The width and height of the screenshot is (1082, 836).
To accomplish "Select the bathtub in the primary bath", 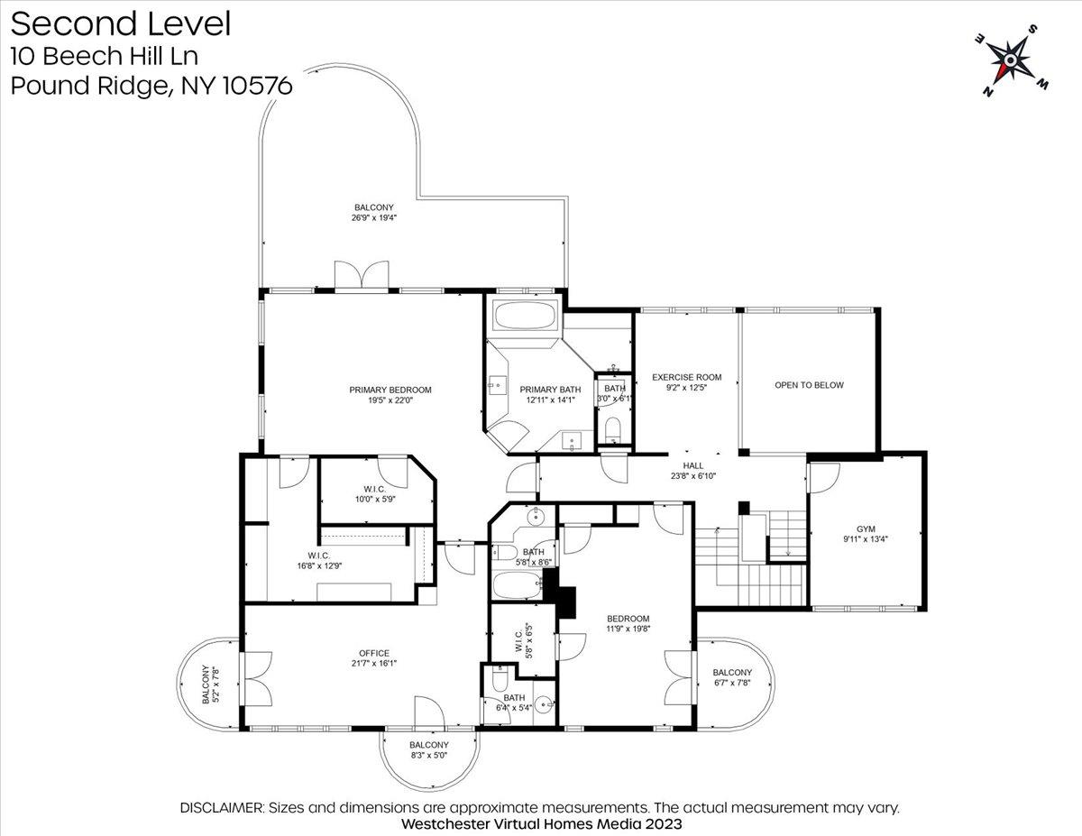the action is pos(526,314).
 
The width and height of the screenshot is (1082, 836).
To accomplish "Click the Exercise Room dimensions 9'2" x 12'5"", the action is pos(687,388).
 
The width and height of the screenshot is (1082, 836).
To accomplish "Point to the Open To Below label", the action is pos(809,385).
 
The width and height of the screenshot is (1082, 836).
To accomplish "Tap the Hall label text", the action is pos(693,465).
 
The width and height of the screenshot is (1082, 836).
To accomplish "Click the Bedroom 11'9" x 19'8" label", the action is pos(628,623).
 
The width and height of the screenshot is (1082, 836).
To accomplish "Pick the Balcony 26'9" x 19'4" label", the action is pos(374,212).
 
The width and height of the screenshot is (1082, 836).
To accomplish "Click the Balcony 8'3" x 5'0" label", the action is pos(429,749).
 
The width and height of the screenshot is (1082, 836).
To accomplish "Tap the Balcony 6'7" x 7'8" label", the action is pos(732,677).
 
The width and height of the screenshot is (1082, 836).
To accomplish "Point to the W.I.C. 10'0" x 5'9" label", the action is pos(375,494).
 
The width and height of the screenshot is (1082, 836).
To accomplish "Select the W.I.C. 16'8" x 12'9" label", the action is pos(319,560).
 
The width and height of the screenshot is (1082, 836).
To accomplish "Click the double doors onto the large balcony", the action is pos(362,275).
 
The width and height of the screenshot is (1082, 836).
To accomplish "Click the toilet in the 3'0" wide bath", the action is pos(612,429).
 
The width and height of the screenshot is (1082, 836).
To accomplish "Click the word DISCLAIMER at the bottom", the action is pos(222,807).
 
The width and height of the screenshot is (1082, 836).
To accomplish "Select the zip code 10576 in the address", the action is pos(257,86).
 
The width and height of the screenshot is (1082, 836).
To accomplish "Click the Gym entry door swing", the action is pos(824,479).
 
